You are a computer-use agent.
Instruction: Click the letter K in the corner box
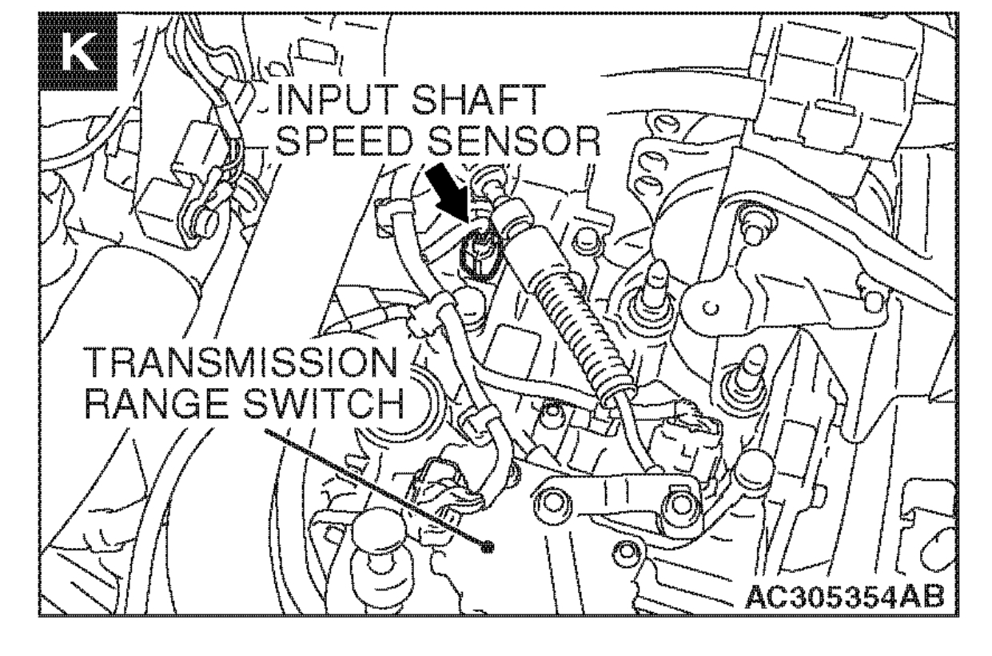[x=78, y=56]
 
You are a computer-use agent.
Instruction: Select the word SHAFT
[x=468, y=104]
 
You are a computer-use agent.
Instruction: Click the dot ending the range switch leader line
[x=488, y=548]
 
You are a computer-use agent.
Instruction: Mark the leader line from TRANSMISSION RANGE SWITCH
[x=376, y=488]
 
